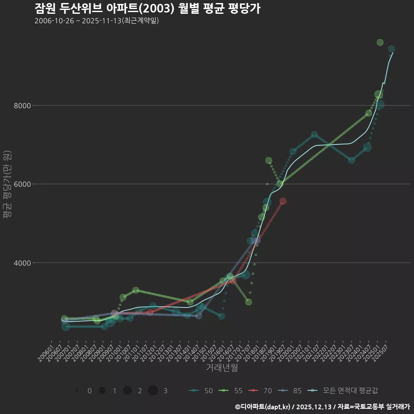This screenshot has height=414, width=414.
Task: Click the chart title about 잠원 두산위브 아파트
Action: click(x=147, y=9)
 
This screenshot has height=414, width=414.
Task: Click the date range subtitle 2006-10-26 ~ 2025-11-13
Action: click(x=97, y=21)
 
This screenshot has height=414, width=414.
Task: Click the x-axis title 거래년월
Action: click(x=222, y=368)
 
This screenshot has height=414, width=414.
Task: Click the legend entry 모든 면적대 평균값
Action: click(x=345, y=391)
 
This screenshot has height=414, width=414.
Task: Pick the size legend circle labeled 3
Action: click(x=153, y=391)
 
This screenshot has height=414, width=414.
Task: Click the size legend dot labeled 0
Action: click(x=77, y=391)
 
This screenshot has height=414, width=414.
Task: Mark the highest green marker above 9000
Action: click(x=380, y=42)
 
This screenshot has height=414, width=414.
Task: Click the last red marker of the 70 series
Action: click(x=283, y=201)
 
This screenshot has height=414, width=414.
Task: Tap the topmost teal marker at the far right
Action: click(x=392, y=49)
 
